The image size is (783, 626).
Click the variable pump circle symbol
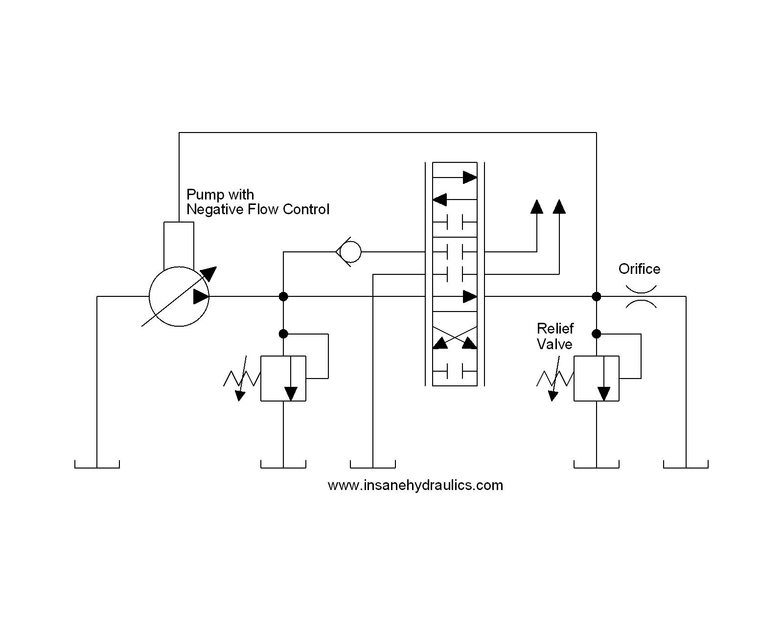[179, 296]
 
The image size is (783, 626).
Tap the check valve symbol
[349, 252]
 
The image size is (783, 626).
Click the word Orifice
[639, 268]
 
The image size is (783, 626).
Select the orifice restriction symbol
[641, 296]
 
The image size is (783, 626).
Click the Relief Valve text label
[554, 336]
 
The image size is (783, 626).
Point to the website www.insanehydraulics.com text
[415, 485]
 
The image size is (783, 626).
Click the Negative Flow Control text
[258, 209]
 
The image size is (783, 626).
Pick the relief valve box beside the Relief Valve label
[596, 379]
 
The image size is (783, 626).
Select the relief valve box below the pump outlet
[283, 379]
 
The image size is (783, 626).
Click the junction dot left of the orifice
[596, 296]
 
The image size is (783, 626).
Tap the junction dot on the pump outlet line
[283, 296]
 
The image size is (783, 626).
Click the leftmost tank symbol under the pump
[97, 464]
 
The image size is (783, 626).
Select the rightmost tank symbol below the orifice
[686, 464]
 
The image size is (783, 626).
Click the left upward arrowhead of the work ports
[537, 207]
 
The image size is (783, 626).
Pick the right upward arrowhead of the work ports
[559, 207]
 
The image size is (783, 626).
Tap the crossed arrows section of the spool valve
[455, 337]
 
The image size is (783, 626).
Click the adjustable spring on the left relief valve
[241, 379]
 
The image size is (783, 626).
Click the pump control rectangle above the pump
[179, 244]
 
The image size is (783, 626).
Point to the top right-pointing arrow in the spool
[469, 177]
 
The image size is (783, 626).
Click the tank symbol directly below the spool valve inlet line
[373, 464]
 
